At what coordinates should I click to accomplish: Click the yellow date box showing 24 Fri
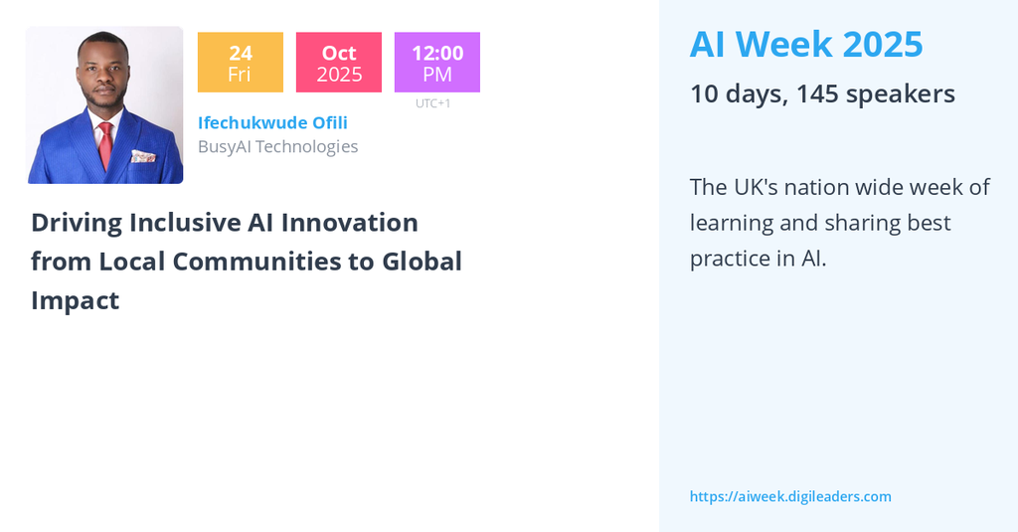[241, 63]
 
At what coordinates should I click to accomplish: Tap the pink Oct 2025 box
[339, 63]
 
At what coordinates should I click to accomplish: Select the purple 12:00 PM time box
[437, 63]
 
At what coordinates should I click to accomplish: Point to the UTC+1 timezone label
[433, 103]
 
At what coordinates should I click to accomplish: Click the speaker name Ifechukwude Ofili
[272, 122]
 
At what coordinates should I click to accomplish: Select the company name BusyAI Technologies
[278, 147]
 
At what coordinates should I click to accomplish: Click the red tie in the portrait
[105, 145]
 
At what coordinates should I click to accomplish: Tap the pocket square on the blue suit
[143, 156]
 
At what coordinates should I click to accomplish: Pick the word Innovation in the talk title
[349, 223]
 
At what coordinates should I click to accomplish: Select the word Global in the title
[422, 262]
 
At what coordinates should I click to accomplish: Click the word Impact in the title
[76, 301]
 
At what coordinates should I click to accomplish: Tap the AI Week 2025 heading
[806, 44]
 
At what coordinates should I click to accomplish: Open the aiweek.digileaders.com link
[790, 497]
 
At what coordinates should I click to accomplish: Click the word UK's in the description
[756, 187]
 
